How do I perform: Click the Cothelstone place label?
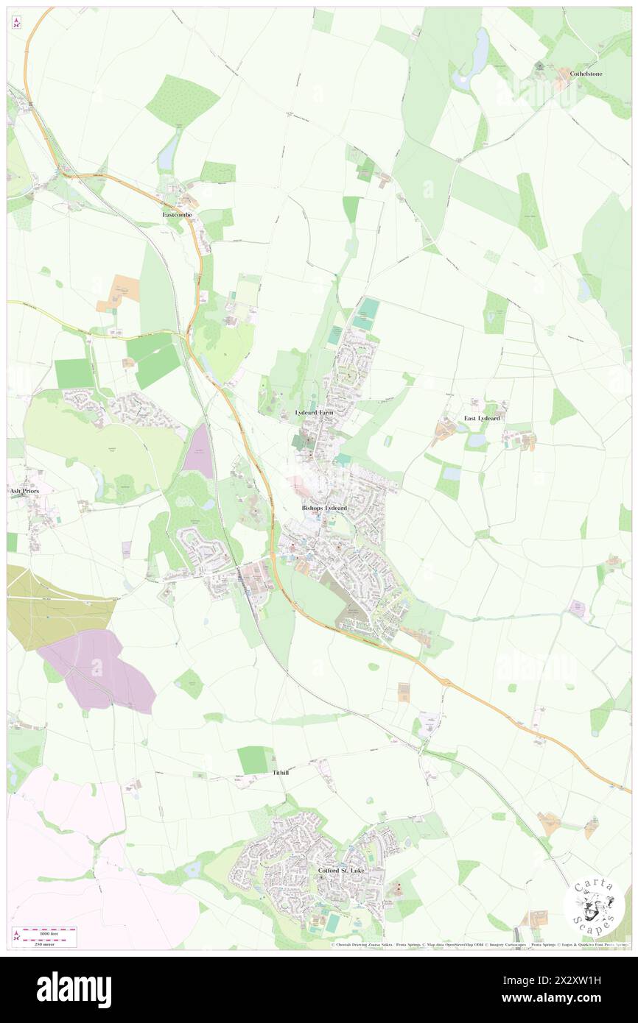586,74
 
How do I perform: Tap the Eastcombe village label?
178,214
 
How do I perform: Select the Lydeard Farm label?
314,413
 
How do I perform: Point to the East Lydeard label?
482,418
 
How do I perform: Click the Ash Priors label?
23,489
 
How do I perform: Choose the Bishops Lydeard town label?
324,508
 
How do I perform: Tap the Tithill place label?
281,773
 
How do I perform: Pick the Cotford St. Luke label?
341,870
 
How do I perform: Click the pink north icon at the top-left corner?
16,22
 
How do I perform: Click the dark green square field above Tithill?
255,760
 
